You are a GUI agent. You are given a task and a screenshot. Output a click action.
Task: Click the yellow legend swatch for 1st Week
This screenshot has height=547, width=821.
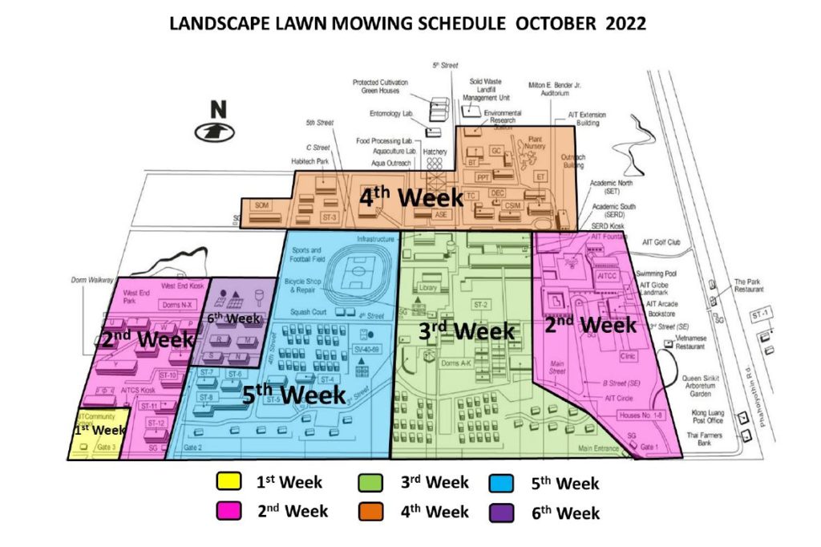point(230,482)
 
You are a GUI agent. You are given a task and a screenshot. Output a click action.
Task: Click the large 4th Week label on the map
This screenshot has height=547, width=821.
point(410,197)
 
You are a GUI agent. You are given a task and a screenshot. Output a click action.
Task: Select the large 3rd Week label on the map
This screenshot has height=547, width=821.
point(466,330)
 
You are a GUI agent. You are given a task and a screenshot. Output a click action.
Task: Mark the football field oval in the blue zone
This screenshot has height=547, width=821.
point(357,275)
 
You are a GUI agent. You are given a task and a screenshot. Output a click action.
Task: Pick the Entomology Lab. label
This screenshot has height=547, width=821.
point(390,114)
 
